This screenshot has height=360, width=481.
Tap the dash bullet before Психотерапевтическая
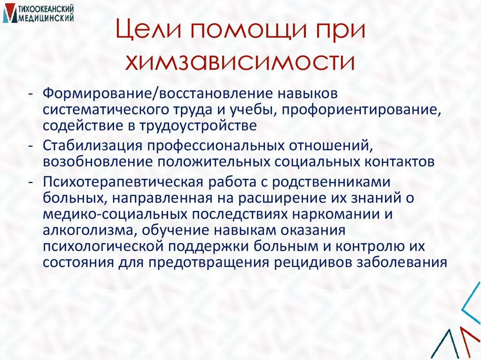coord(31,181)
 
